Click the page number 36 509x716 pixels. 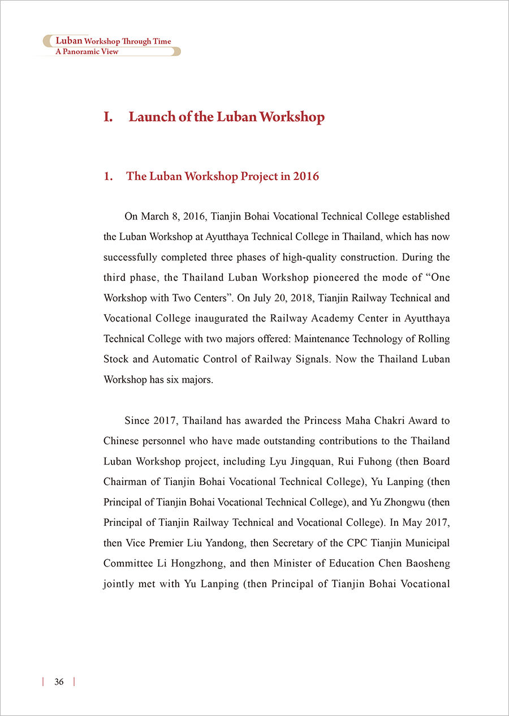pyautogui.click(x=59, y=681)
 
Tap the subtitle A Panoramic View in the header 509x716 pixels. pyautogui.click(x=87, y=51)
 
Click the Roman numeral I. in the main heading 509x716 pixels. pyautogui.click(x=109, y=117)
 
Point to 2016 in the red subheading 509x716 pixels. pyautogui.click(x=306, y=176)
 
